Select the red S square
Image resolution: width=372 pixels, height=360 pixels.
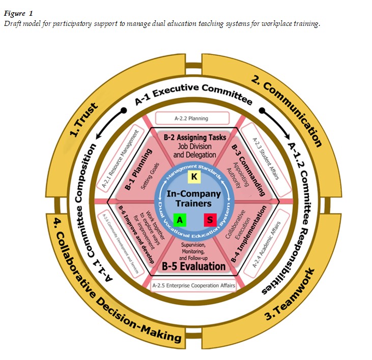click(x=210, y=221)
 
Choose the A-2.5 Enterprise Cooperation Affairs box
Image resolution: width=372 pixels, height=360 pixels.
click(x=193, y=286)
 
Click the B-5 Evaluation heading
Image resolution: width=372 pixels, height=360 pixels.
click(x=193, y=266)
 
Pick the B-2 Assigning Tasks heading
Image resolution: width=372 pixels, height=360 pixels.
click(x=195, y=138)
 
